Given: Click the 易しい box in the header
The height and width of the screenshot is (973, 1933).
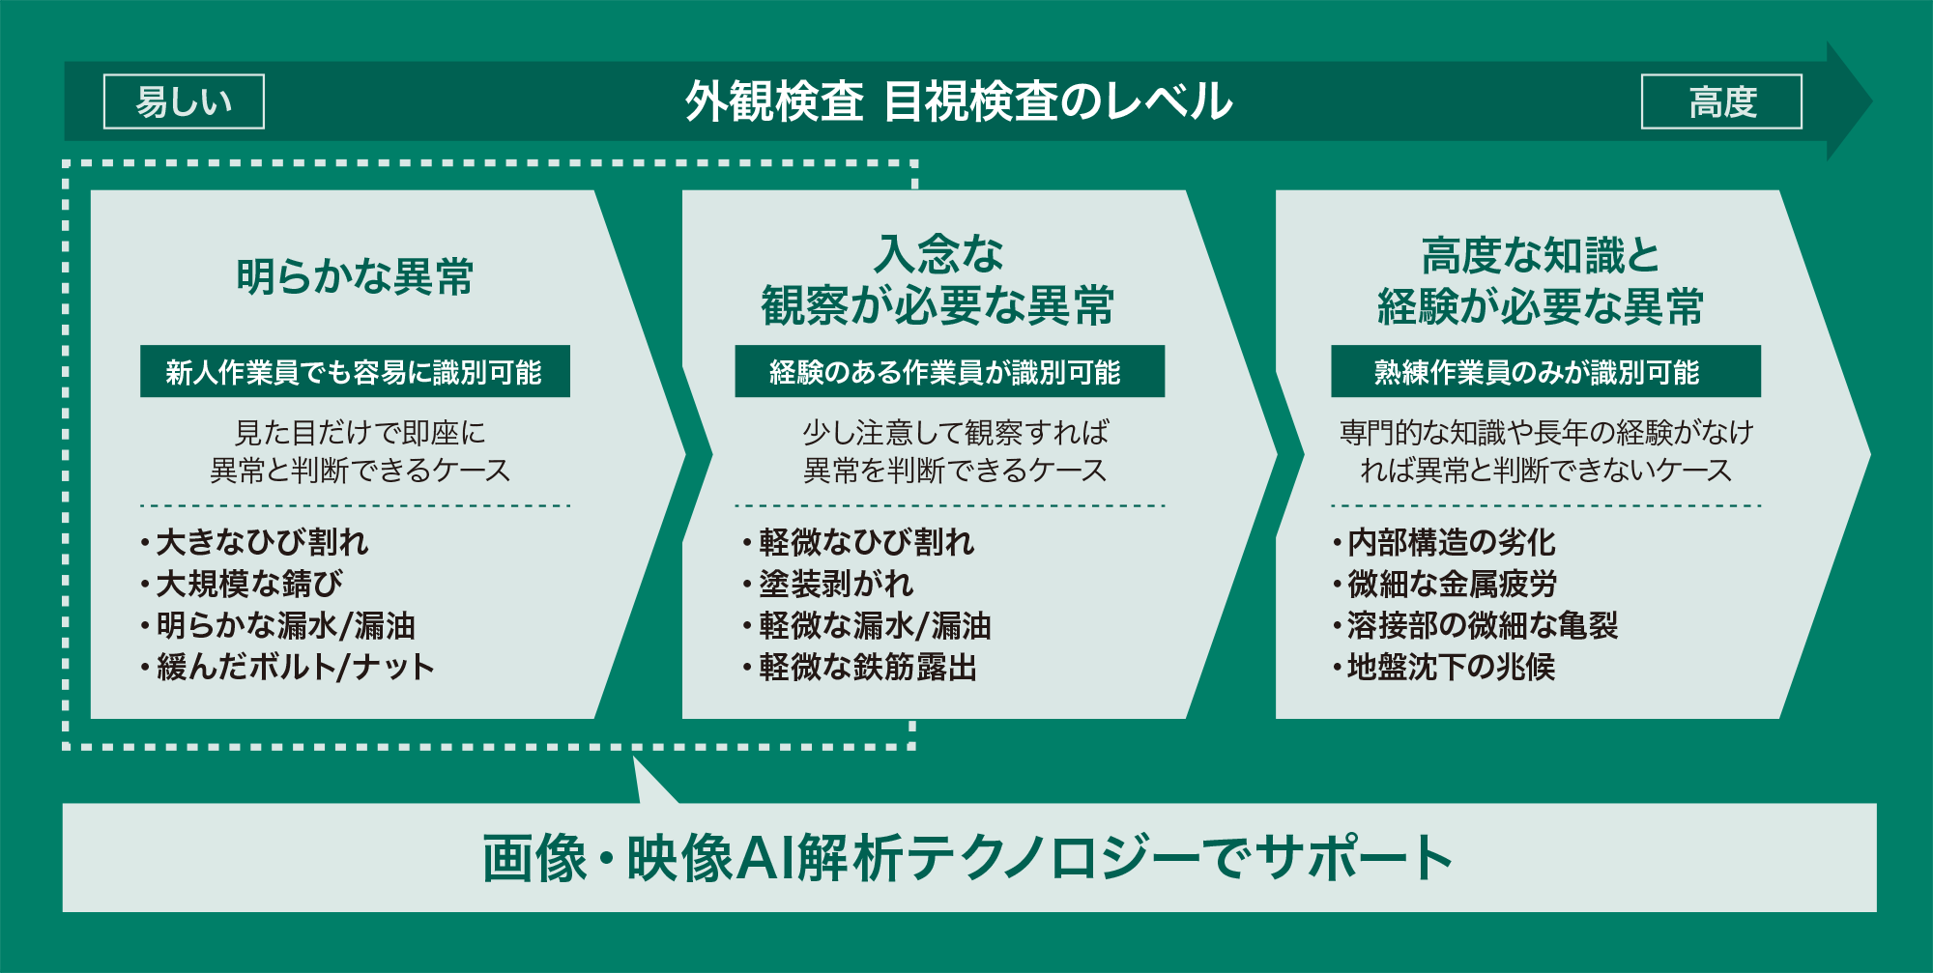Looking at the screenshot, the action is tap(184, 101).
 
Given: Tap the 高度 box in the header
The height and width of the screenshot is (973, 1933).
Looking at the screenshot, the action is tap(1721, 101).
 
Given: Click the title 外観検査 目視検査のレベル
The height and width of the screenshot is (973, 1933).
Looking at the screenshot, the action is tap(959, 101).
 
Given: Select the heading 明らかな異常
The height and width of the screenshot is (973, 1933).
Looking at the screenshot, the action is tap(355, 276).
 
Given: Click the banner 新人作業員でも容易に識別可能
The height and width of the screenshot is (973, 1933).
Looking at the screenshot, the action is tap(355, 371).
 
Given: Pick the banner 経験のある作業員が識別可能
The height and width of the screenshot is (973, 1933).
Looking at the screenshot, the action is tap(949, 371).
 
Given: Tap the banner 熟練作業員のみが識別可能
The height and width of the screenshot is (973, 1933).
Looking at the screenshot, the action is tap(1545, 371).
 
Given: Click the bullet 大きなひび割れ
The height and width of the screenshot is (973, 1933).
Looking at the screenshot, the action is tap(254, 542).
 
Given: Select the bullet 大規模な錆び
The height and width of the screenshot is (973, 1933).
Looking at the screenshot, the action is tap(242, 584).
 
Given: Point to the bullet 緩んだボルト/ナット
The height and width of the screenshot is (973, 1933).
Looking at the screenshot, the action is tap(287, 667).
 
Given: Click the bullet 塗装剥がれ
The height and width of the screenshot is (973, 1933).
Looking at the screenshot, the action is tap(828, 584).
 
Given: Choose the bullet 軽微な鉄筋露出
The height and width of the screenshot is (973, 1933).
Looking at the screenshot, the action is tap(860, 667).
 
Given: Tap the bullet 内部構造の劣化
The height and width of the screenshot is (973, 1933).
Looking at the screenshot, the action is tap(1444, 542).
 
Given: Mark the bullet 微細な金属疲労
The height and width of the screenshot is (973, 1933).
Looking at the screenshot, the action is tap(1444, 584).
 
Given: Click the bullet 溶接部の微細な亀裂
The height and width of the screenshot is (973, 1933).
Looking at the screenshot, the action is tap(1475, 625).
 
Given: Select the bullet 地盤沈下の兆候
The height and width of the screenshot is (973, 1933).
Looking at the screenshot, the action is tap(1444, 667).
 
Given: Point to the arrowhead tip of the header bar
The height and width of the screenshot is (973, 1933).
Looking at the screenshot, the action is tap(1871, 101).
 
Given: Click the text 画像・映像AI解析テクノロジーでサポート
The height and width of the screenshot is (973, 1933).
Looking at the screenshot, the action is tap(967, 857).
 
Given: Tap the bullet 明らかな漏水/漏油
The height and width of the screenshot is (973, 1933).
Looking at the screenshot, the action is tap(277, 625).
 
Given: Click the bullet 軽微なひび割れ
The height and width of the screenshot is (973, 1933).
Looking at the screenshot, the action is tap(858, 542).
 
